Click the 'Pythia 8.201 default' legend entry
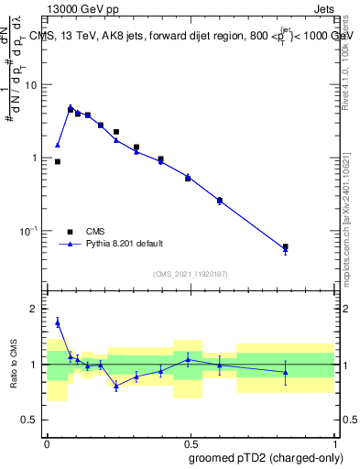click(x=125, y=244)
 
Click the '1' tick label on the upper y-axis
click(x=37, y=158)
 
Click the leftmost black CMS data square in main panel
click(x=58, y=161)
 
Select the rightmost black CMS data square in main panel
click(x=286, y=246)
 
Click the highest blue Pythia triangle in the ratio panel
click(x=58, y=322)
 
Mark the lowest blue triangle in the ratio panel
click(x=116, y=387)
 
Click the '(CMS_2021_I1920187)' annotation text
click(x=191, y=273)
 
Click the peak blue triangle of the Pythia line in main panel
click(x=71, y=107)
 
